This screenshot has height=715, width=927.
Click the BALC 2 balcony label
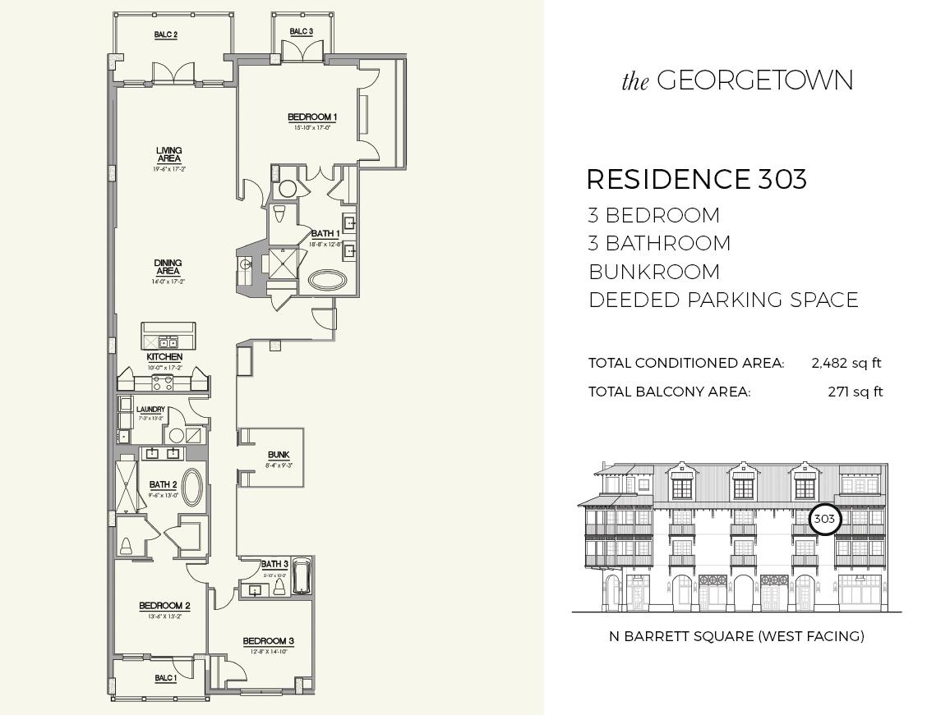point(165,34)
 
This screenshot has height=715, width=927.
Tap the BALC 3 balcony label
point(301,32)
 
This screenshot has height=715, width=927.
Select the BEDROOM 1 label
point(312,117)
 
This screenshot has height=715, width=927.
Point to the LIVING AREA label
point(168,155)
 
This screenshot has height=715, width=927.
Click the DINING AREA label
point(168,268)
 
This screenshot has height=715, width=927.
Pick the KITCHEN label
point(164,357)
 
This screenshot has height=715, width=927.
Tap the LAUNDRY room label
point(150,410)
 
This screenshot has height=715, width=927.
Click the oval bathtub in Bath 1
point(330,279)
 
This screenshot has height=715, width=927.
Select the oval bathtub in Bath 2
point(192,488)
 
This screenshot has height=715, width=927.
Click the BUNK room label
point(279,455)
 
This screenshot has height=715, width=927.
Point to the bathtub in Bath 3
point(302,575)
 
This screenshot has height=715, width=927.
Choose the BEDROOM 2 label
point(164,606)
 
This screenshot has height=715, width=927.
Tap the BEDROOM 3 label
point(268,641)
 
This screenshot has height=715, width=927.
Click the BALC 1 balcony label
point(165,678)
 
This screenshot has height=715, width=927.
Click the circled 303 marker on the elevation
point(823,519)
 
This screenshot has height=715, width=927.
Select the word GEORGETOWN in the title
point(754,80)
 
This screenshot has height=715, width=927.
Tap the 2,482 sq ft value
point(846,363)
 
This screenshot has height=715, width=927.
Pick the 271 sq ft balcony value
point(855,392)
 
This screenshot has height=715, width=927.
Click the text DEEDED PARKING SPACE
point(723,300)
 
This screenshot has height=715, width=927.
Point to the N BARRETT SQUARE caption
point(736,635)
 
